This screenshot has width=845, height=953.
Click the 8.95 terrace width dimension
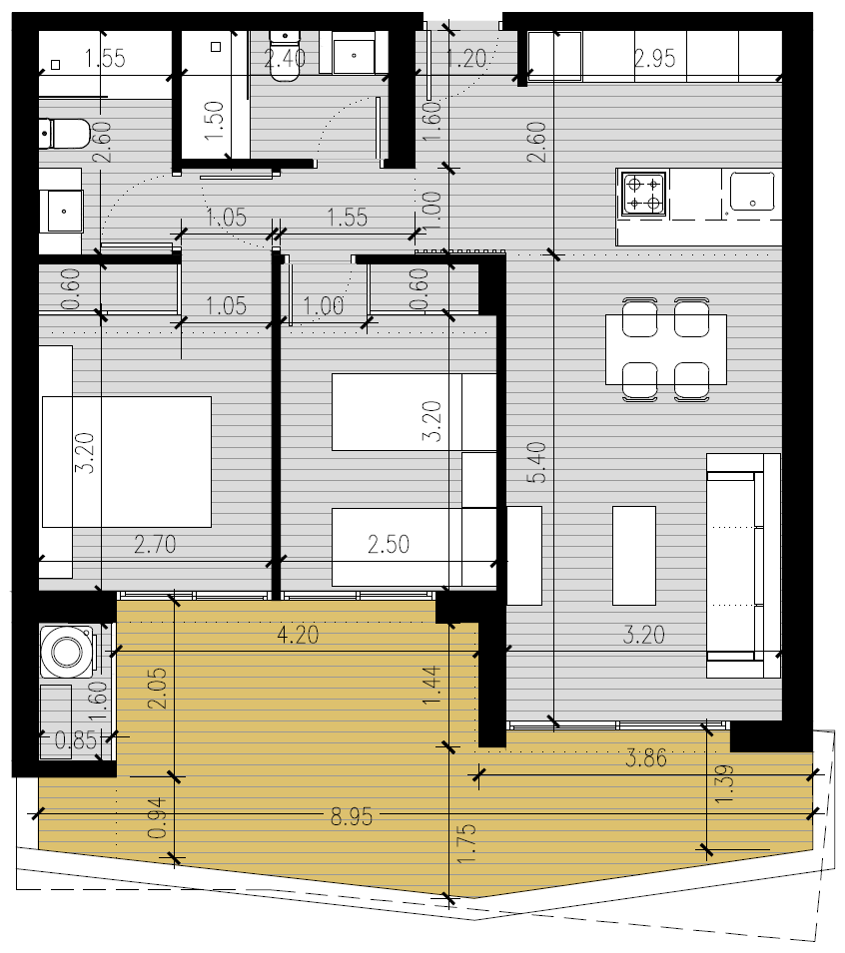pyautogui.click(x=352, y=817)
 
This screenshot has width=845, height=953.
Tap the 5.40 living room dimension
pyautogui.click(x=536, y=462)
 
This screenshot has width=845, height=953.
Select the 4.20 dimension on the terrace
pyautogui.click(x=298, y=635)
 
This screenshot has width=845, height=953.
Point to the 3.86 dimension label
pyautogui.click(x=646, y=757)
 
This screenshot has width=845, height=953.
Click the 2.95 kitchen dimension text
pyautogui.click(x=654, y=58)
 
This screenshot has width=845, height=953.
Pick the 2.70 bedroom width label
pyautogui.click(x=155, y=544)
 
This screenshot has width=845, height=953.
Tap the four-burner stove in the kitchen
pyautogui.click(x=643, y=193)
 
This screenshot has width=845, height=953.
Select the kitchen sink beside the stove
pyautogui.click(x=752, y=192)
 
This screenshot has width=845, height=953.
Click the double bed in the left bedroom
pyautogui.click(x=127, y=462)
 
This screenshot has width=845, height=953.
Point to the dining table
pyautogui.click(x=666, y=349)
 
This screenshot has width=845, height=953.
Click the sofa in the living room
pyautogui.click(x=743, y=565)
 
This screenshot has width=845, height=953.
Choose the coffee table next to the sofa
pyautogui.click(x=634, y=556)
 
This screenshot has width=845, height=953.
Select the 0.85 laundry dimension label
pyautogui.click(x=76, y=740)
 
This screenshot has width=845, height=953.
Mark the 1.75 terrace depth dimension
pyautogui.click(x=465, y=843)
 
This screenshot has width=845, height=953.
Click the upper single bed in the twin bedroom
pyautogui.click(x=415, y=412)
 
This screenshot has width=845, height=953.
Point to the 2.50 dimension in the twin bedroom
pyautogui.click(x=389, y=544)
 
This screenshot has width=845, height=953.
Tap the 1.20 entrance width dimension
pyautogui.click(x=466, y=58)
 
